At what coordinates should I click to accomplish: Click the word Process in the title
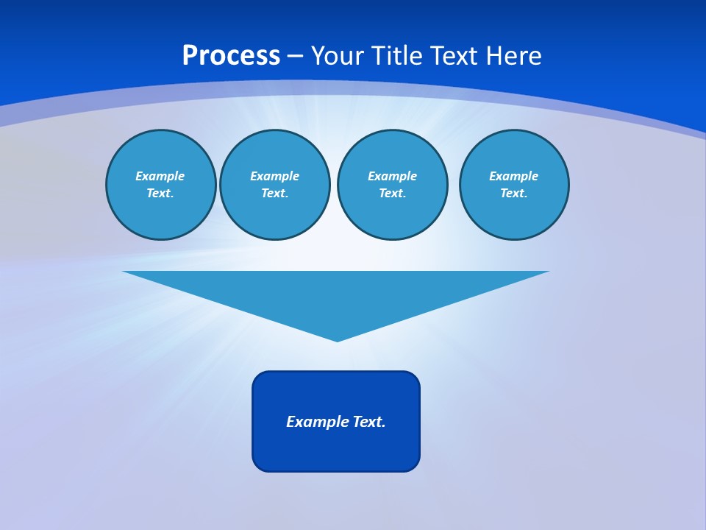pyautogui.click(x=231, y=56)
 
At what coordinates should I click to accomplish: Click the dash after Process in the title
pyautogui.click(x=295, y=57)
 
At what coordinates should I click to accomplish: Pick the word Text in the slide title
pyautogui.click(x=456, y=56)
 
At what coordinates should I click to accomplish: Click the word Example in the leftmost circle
pyautogui.click(x=160, y=176)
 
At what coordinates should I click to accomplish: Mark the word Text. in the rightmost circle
pyautogui.click(x=513, y=193)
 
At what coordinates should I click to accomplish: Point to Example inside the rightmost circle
pyautogui.click(x=513, y=176)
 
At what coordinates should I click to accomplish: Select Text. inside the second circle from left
pyautogui.click(x=274, y=193)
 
